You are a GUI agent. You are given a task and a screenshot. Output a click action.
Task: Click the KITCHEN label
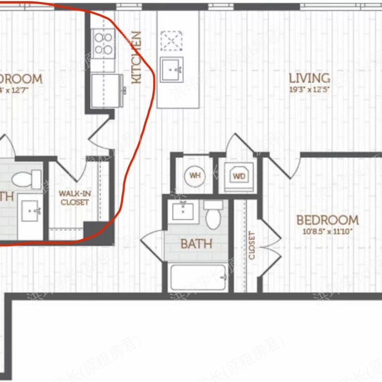tap(136, 57)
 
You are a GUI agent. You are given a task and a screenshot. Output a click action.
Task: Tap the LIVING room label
tap(309, 78)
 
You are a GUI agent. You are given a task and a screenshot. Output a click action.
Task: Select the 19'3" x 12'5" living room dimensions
tap(309, 90)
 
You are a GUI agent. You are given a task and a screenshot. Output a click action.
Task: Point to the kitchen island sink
tap(172, 69)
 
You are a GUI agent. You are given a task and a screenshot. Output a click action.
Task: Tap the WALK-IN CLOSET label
tap(74, 197)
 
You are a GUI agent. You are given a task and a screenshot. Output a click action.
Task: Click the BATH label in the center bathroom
tap(196, 244)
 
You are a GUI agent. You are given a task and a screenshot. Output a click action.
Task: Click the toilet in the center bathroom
tap(213, 215)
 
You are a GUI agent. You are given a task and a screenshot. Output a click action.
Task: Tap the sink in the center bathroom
tap(184, 211)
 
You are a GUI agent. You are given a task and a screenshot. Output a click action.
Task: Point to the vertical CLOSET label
tap(251, 245)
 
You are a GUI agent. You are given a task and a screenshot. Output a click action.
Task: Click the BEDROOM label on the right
tap(327, 220)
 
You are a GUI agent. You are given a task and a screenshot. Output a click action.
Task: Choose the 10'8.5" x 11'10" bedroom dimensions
tap(327, 231)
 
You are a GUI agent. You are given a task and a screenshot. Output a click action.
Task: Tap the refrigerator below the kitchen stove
tap(106, 90)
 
